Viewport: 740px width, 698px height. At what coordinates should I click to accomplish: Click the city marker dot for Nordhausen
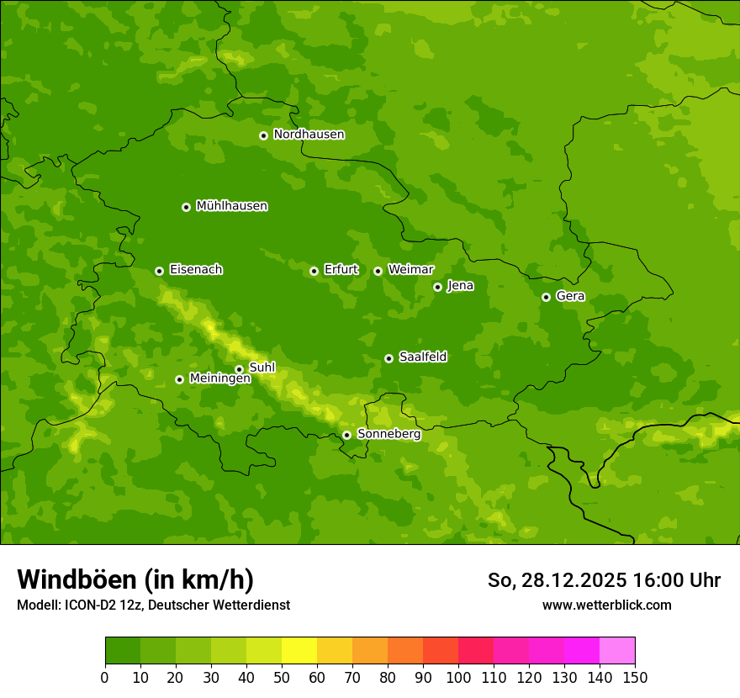click(263, 135)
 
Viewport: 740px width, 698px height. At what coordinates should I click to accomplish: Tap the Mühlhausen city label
click(231, 206)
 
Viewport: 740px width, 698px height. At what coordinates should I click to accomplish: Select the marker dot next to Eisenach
click(159, 271)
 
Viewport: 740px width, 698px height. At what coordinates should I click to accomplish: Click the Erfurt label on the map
click(341, 270)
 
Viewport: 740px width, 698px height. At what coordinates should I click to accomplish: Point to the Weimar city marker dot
click(378, 271)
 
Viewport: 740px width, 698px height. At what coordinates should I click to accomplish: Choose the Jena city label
click(460, 286)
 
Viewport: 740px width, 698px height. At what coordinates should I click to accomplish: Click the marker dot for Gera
click(546, 297)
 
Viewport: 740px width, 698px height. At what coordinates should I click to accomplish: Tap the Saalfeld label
click(422, 357)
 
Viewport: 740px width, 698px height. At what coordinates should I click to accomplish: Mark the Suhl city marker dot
click(239, 369)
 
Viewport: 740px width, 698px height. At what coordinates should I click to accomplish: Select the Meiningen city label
click(219, 378)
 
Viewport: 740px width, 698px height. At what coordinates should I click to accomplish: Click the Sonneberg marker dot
click(346, 435)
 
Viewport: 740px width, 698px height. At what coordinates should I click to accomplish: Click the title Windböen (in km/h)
click(135, 579)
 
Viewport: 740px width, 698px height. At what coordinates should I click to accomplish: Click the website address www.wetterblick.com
click(606, 605)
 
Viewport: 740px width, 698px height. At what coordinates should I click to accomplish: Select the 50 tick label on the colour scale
click(282, 677)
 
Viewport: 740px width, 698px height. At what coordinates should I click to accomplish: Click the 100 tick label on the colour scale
click(458, 677)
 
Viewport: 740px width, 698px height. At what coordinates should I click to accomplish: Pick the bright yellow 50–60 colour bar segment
click(299, 651)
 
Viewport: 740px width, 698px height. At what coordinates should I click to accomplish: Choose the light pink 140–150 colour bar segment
click(617, 651)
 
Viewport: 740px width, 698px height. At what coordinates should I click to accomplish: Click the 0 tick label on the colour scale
click(105, 677)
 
